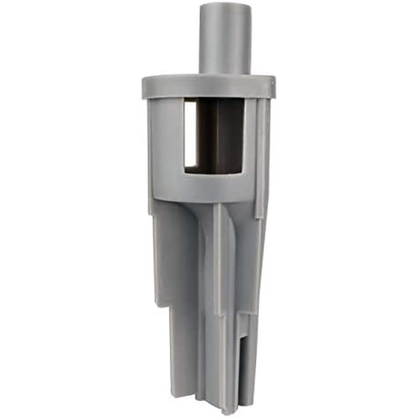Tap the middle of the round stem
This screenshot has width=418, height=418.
coord(225,40)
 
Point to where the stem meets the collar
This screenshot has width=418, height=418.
coord(225,73)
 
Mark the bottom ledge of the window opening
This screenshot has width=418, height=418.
coord(213,172)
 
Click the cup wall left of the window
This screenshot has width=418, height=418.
coord(165,145)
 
